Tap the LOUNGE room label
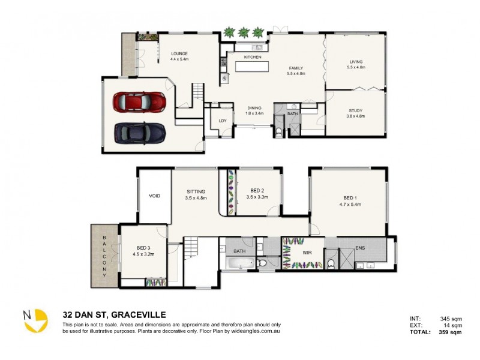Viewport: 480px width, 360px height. pyautogui.click(x=179, y=53)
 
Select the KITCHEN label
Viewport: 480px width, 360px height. pyautogui.click(x=252, y=57)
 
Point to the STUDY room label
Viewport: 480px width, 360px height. pyautogui.click(x=356, y=110)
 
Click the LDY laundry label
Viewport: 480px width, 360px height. pyautogui.click(x=223, y=121)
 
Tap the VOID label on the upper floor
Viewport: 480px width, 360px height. pyautogui.click(x=154, y=196)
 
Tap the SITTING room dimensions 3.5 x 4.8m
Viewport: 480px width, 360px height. pyautogui.click(x=196, y=197)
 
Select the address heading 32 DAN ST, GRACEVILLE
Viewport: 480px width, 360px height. pyautogui.click(x=115, y=314)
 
